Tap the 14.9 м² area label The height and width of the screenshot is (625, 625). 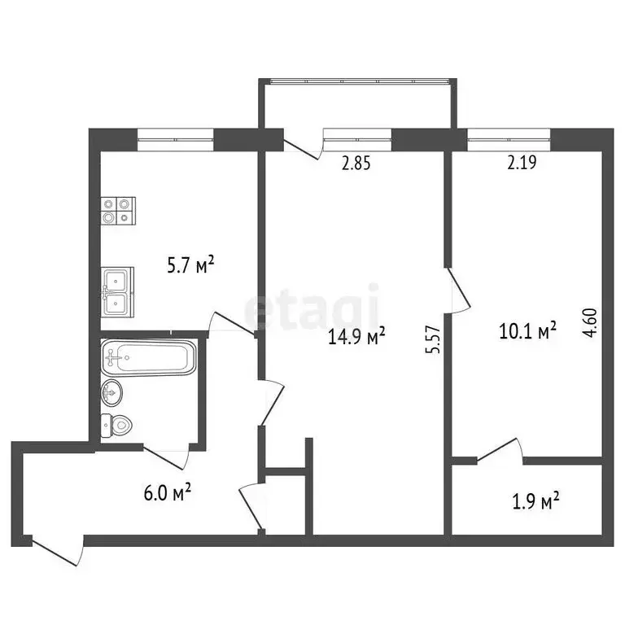click(x=356, y=336)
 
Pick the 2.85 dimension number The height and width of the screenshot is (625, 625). click(x=356, y=163)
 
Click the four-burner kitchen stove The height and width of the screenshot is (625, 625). click(x=117, y=212)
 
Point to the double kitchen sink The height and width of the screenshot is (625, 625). click(x=119, y=292)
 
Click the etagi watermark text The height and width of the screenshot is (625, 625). click(x=312, y=307)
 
